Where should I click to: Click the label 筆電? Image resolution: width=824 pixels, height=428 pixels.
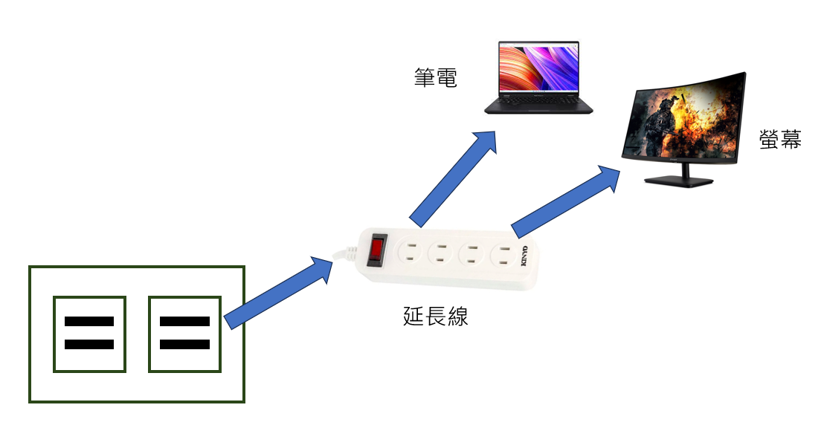point(436,79)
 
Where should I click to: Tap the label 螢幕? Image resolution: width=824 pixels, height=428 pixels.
point(780,139)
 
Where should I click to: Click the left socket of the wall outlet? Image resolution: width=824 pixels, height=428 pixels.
point(89,334)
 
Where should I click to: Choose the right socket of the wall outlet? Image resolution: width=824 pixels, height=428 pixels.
point(184,334)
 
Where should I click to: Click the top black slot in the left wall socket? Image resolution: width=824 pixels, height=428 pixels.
point(89,322)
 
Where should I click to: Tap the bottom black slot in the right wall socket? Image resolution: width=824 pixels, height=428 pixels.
point(184,345)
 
